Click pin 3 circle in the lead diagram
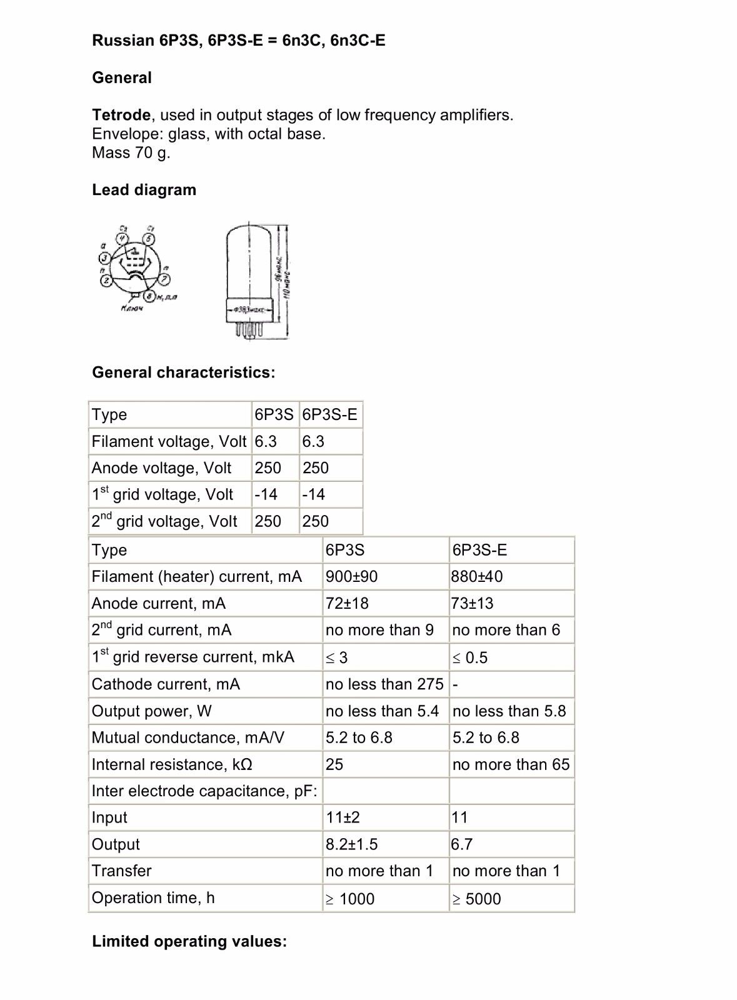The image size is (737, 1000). point(105,258)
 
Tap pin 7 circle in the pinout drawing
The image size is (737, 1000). point(165,277)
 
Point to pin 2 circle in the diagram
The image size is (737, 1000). point(108,279)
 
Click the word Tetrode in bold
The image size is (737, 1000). point(121,115)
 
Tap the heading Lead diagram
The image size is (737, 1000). point(144,190)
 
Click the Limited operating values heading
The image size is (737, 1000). point(189,941)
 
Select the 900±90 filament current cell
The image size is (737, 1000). point(351,576)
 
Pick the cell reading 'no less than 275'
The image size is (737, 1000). point(384,684)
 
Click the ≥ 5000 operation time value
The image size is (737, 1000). point(476,899)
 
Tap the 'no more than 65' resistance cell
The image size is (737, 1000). point(511,764)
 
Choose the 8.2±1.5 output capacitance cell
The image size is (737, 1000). point(351,844)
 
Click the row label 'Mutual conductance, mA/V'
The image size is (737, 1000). point(188,737)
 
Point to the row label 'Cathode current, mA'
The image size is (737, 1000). point(166,684)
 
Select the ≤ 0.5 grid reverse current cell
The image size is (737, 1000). point(470,657)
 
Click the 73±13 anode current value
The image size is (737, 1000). point(473,603)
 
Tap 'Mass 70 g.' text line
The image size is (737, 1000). point(131,152)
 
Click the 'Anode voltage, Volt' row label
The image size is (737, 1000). point(161,468)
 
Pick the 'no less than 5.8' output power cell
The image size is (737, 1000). point(509,711)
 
